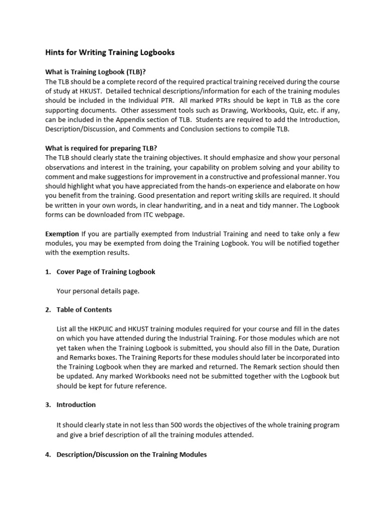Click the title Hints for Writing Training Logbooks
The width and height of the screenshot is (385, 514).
(x=110, y=52)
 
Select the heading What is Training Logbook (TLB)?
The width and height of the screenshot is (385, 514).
(x=95, y=72)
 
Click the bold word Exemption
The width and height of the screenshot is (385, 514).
(x=62, y=233)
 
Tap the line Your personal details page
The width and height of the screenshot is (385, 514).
(x=98, y=291)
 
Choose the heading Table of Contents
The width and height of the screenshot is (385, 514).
(x=84, y=310)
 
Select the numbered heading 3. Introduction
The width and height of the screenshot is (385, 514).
(x=76, y=405)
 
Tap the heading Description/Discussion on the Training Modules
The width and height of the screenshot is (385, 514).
(x=131, y=455)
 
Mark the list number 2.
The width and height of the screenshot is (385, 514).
(x=48, y=310)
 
